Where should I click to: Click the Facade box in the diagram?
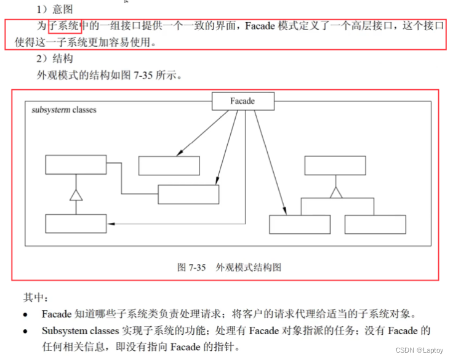(243, 101)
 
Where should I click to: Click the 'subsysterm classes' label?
(64, 110)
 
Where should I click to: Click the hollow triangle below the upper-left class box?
(76, 196)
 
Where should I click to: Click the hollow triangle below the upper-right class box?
(335, 192)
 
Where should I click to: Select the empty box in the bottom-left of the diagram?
(76, 223)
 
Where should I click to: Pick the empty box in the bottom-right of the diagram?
(375, 224)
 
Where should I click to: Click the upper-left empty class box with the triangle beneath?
(76, 165)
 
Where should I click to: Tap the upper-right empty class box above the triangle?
(335, 165)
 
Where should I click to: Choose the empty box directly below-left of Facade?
(169, 166)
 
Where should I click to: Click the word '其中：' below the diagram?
(36, 298)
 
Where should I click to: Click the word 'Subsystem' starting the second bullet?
(63, 331)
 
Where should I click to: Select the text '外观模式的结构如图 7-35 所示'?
(108, 76)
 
